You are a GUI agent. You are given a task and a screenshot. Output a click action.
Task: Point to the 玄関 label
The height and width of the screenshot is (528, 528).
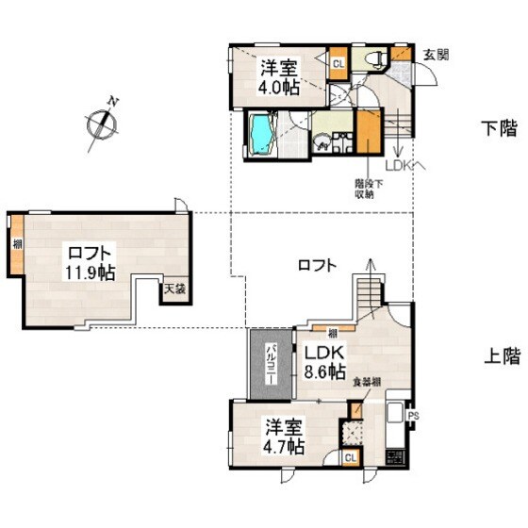[435, 54]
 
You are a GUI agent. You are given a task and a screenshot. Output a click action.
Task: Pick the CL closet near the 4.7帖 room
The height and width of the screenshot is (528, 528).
[351, 457]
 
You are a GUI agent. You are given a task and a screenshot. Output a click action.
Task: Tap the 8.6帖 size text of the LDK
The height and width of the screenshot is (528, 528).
[325, 371]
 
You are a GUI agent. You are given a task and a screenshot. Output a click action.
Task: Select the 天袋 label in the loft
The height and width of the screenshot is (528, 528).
[174, 289]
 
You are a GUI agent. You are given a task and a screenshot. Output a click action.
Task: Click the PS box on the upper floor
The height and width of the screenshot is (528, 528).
[413, 415]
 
